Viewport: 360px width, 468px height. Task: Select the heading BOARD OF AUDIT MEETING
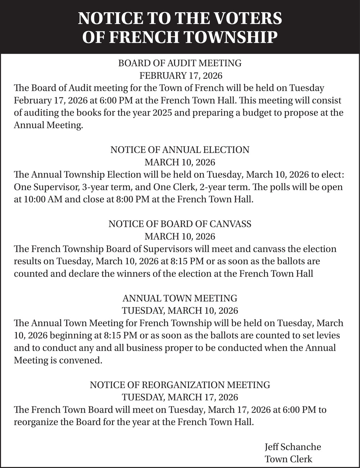(180, 63)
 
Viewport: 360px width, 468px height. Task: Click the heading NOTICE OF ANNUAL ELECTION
(180, 150)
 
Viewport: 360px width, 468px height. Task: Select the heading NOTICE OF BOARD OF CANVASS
(180, 224)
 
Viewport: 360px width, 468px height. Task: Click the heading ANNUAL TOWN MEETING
(180, 298)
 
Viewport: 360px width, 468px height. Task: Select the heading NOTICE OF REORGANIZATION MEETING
(180, 385)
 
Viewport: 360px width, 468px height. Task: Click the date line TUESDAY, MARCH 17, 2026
(180, 397)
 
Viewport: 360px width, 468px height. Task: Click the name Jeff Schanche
(293, 447)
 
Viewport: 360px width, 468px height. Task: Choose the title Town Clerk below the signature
(288, 459)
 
